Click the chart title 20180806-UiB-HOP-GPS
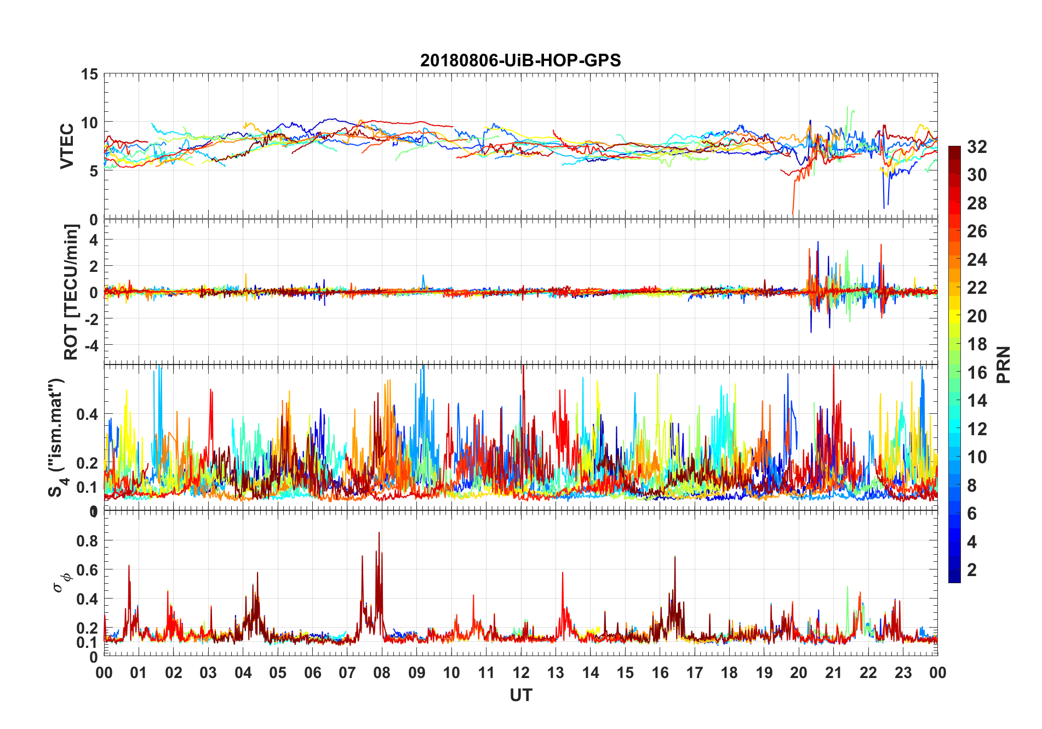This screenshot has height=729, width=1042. point(520,60)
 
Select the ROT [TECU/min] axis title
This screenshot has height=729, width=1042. point(71,292)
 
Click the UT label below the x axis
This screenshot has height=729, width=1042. point(520,696)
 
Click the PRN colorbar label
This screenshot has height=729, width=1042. point(1003,364)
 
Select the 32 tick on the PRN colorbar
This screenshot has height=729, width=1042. point(977,147)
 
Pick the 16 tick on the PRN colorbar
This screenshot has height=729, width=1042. point(977,373)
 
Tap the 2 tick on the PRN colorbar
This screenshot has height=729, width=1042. point(972,570)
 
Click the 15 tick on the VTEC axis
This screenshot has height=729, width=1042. point(89,74)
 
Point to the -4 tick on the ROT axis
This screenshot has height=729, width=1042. point(93,345)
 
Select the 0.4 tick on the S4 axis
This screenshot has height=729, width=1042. point(87,414)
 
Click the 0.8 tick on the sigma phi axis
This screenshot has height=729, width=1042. point(87,541)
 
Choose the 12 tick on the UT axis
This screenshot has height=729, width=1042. point(521,673)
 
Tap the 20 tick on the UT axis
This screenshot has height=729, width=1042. point(799,673)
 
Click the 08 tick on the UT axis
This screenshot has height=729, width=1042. point(382,673)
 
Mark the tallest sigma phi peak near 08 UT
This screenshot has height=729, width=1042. point(379,533)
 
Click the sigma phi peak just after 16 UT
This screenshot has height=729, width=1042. point(675,557)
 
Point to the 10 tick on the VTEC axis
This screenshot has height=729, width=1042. point(89,123)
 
